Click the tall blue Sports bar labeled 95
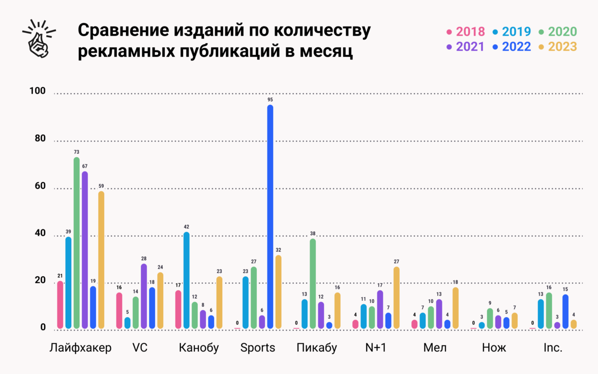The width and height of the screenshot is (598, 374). [x=270, y=216]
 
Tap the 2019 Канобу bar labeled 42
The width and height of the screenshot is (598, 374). [x=187, y=280]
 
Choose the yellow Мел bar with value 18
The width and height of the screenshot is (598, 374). [x=456, y=308]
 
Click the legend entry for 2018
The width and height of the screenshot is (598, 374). [x=466, y=32]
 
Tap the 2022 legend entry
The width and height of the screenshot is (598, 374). [x=512, y=47]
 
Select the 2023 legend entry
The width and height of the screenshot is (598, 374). [x=558, y=47]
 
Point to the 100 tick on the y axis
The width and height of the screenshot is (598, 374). [x=38, y=91]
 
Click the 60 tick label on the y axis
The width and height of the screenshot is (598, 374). [x=40, y=186]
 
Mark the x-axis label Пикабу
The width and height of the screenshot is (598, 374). [x=317, y=348]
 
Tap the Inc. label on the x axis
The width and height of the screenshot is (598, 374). [x=553, y=348]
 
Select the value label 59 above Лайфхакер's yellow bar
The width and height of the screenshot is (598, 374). [x=101, y=186]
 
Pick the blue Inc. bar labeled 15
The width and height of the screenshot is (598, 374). [x=565, y=311]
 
